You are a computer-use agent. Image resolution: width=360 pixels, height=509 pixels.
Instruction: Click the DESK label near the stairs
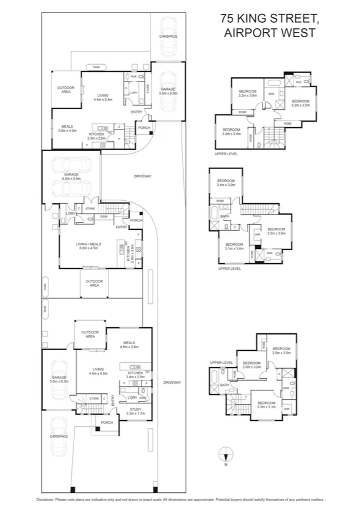[x=104, y=216]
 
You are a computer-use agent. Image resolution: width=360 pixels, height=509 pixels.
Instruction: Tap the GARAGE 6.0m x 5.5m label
[x=71, y=176]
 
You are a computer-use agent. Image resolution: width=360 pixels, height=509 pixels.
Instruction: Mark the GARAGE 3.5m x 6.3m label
[x=59, y=379]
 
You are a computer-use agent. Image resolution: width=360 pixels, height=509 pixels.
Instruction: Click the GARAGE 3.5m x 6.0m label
[x=168, y=91]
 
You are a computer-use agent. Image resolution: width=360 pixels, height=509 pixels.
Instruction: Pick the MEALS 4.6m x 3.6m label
[x=129, y=345]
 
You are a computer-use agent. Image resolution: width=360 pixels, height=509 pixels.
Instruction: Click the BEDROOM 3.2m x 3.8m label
[x=247, y=94]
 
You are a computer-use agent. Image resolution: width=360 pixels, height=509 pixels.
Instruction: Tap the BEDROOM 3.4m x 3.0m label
[x=226, y=183]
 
